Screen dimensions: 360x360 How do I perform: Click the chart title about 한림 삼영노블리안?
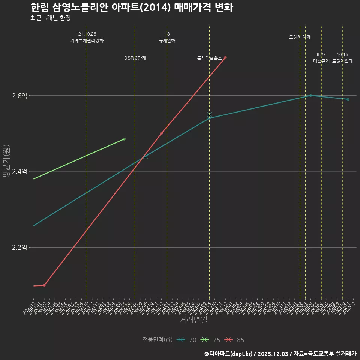pos(132,7)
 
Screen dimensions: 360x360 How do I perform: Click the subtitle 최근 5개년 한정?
pos(50,18)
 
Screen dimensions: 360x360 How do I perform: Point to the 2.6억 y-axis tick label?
pos(19,96)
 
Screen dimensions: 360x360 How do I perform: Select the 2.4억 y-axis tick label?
pos(19,172)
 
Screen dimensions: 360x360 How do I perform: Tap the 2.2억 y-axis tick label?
pos(19,247)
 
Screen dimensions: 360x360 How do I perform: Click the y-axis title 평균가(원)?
pos(6,161)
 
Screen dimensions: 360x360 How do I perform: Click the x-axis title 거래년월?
pos(193,320)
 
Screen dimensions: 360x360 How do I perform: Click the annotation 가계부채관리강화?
pos(87,40)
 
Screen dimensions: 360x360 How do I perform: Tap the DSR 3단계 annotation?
pos(135,58)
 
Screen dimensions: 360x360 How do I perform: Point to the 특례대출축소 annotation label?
pos(210,58)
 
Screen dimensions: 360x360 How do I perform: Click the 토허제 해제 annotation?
pos(300,37)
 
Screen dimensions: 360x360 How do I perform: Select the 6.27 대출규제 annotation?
pos(321,58)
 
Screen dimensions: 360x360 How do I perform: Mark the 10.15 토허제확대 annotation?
pos(342,58)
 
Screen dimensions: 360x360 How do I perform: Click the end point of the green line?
pos(124,139)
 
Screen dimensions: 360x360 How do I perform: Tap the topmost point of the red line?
pos(225,57)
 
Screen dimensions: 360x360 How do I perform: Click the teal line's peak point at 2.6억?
pos(310,96)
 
